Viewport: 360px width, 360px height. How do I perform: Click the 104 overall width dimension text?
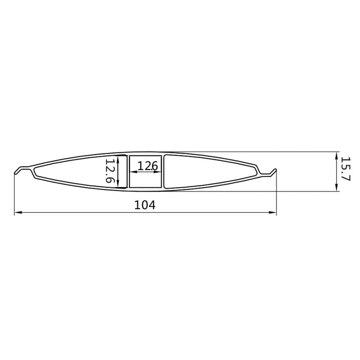click(x=144, y=205)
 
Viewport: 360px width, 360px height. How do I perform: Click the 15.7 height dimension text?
click(x=345, y=169)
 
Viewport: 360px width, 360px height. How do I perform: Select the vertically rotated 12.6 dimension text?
click(x=109, y=171)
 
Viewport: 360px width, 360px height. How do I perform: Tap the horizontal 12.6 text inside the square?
click(x=148, y=166)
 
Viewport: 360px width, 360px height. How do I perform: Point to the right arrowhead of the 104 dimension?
click(x=273, y=212)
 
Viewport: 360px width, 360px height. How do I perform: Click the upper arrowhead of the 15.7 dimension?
click(x=336, y=156)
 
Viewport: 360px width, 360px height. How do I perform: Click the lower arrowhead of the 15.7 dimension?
click(x=336, y=187)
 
